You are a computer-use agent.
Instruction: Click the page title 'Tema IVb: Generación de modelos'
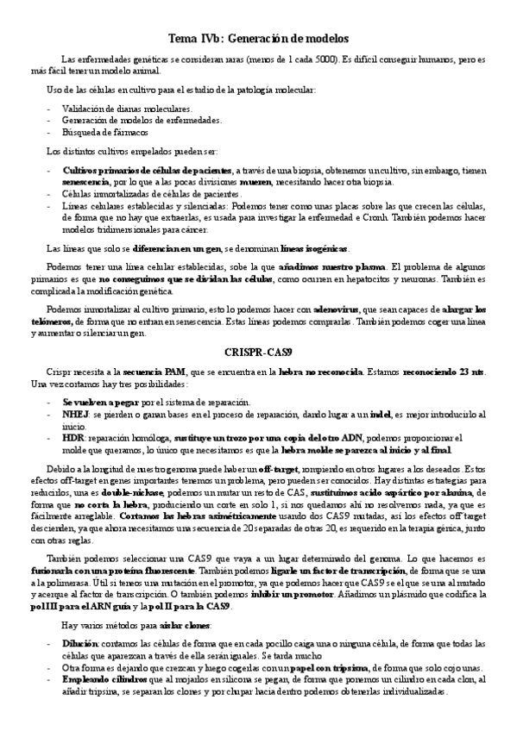point(258,40)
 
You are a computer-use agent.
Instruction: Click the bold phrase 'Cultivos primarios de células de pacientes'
point(147,171)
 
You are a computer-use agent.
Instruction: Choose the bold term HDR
point(73,437)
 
